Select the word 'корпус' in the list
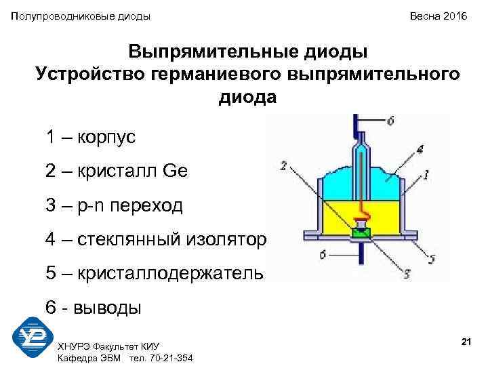click(x=106, y=138)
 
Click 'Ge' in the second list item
click(x=175, y=171)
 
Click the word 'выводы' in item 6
click(x=109, y=308)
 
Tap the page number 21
click(x=466, y=342)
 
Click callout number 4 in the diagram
click(x=420, y=150)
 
